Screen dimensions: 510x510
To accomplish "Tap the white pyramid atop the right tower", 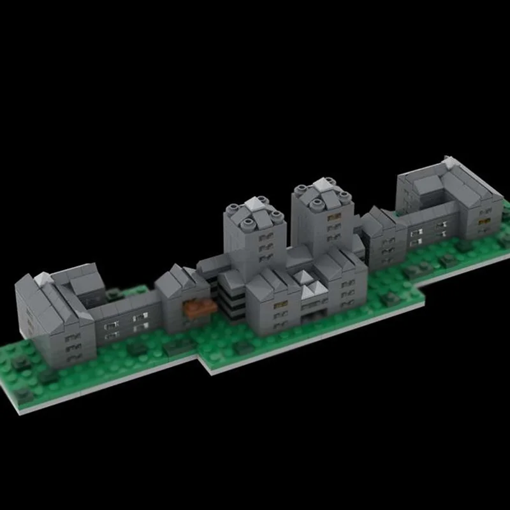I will click(323, 184).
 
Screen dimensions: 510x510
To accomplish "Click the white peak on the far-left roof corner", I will click(42, 278).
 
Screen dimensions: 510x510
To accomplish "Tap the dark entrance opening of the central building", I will click(312, 314).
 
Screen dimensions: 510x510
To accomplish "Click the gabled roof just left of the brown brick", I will click(173, 280).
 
